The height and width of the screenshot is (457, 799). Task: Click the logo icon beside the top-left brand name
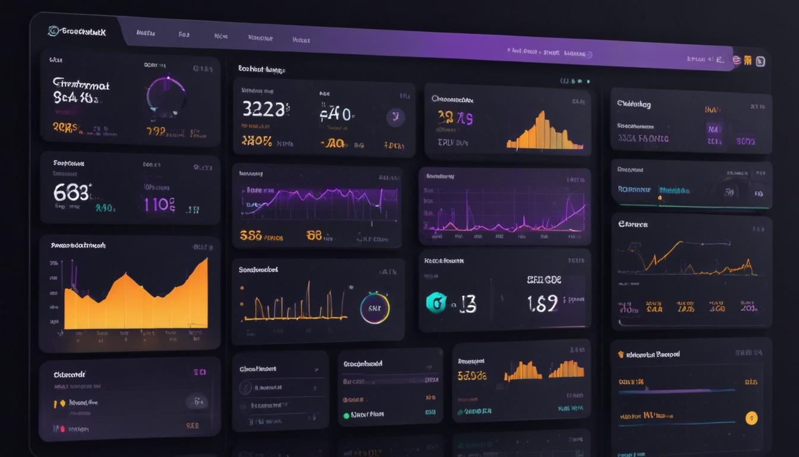point(54,31)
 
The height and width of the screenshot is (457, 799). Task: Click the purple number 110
point(159,205)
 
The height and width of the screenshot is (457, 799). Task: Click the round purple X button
point(395,117)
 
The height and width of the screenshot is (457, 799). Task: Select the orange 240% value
point(257,141)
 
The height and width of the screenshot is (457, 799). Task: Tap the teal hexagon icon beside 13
point(436,303)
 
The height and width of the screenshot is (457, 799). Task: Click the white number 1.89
point(542,303)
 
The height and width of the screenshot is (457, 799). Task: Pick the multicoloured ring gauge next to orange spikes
point(375,308)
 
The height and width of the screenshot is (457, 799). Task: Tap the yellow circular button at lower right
point(751,418)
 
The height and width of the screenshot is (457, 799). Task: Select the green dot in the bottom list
point(347,415)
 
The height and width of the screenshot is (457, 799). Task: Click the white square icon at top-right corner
point(760,61)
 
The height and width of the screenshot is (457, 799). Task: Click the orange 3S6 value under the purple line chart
point(251,236)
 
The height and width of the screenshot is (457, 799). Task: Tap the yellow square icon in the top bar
point(748,60)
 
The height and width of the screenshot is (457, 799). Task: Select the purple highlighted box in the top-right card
point(714,129)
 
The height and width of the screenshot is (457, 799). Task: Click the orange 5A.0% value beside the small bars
point(472,375)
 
